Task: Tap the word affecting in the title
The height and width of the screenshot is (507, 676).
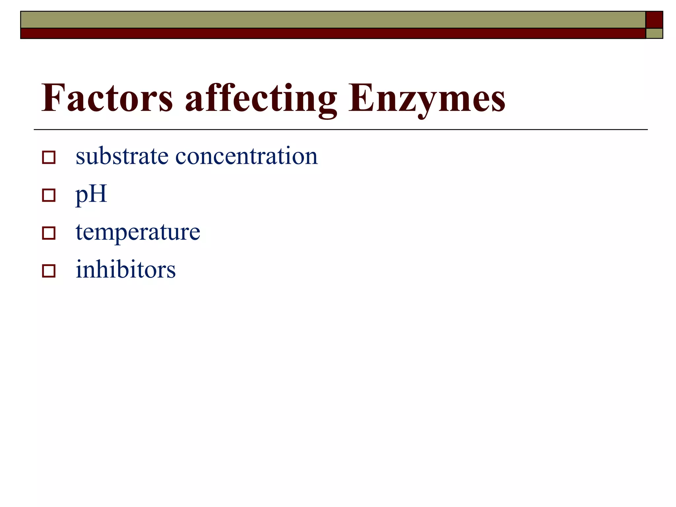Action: point(261,99)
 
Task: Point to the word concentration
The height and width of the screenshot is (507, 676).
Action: point(246,156)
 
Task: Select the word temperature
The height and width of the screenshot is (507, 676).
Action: point(138,232)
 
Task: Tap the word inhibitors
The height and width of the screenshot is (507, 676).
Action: point(125,270)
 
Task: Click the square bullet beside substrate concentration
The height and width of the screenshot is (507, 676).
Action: point(49,157)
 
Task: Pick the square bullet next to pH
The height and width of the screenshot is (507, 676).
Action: point(49,195)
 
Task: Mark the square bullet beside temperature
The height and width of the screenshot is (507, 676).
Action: point(49,233)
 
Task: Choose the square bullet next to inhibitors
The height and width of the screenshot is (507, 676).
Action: point(49,271)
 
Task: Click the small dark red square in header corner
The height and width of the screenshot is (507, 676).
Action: point(654,20)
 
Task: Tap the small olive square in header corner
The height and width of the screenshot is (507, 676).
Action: point(654,34)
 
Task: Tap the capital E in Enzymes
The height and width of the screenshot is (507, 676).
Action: point(361,98)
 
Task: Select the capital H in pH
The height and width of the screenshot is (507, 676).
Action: point(99,193)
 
